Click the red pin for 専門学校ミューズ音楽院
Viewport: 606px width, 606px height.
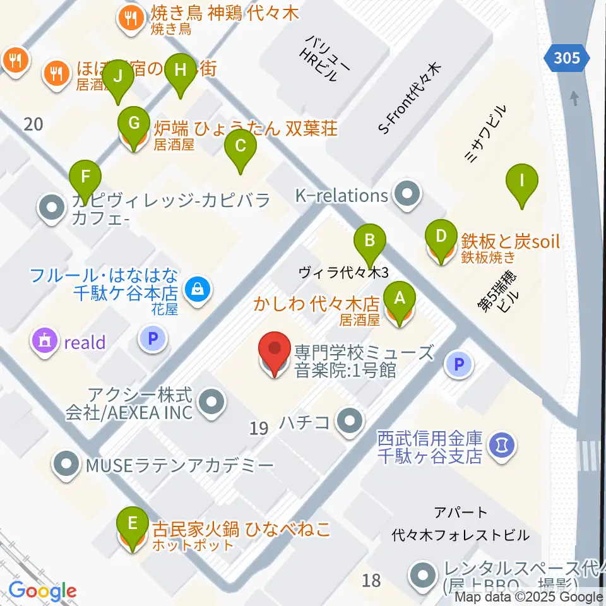[x=275, y=351]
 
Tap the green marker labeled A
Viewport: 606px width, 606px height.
[x=399, y=297]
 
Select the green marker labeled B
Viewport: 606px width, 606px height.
[x=371, y=241]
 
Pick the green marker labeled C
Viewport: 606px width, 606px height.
[x=240, y=146]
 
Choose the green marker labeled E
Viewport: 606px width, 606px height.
[x=133, y=523]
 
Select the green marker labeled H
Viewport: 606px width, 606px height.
[x=181, y=70]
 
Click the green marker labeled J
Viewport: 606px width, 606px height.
[x=117, y=77]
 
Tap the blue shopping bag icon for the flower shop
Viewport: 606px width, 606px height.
[x=198, y=290]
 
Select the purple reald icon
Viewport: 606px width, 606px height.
[x=45, y=342]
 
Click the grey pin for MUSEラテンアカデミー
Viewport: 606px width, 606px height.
[x=66, y=466]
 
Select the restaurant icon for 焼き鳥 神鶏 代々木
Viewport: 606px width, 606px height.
[x=131, y=18]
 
